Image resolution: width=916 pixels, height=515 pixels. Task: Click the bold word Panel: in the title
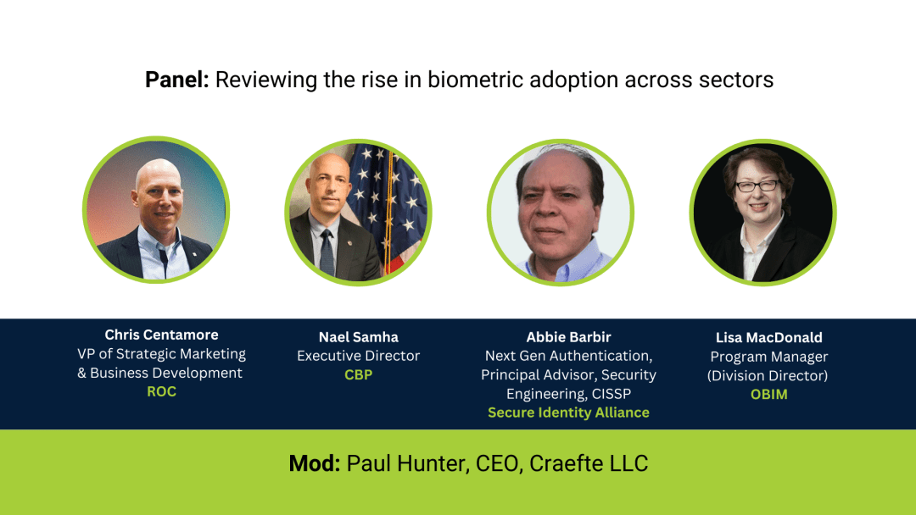(176, 80)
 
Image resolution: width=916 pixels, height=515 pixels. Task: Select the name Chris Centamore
(161, 335)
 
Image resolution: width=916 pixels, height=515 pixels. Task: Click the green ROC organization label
(161, 392)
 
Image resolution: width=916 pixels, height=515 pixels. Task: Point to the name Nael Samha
(358, 337)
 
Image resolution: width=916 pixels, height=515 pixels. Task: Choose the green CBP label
(358, 374)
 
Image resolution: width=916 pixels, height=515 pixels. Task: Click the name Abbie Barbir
(568, 337)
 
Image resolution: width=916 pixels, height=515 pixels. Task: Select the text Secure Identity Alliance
(568, 413)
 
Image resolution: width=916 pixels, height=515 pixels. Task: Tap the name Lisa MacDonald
(768, 337)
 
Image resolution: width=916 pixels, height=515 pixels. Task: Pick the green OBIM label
(768, 394)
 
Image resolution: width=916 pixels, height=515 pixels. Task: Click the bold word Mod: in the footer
(315, 464)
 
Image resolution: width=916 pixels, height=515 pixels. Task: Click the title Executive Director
(358, 356)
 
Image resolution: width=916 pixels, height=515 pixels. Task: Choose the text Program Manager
(768, 357)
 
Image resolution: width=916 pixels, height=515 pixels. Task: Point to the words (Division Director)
(768, 375)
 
